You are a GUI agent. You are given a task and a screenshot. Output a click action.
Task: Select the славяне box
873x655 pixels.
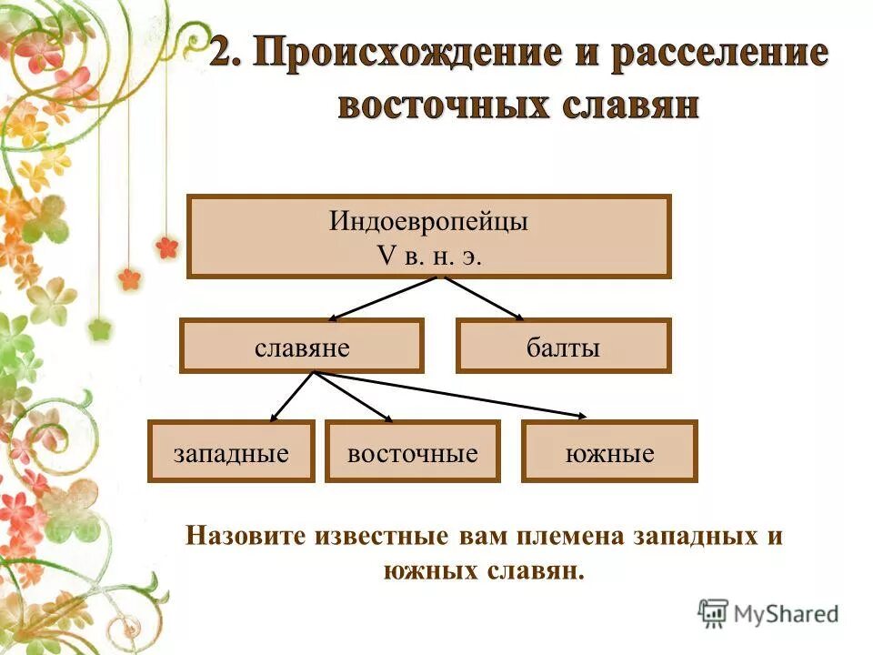pos(301,347)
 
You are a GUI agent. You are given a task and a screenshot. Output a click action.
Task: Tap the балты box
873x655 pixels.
pos(563,347)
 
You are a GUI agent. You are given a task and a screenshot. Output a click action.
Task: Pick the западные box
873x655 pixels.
pos(231,452)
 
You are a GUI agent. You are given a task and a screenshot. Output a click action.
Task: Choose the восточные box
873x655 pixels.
pos(412,452)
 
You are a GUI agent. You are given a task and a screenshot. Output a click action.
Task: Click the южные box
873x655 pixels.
pos(609,452)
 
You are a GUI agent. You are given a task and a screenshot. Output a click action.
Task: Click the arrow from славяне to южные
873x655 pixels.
pos(450,395)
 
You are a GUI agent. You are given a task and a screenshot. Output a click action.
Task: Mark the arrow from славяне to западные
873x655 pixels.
pos(292,397)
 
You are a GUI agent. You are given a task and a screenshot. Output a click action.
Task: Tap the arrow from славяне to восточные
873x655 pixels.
pos(353,397)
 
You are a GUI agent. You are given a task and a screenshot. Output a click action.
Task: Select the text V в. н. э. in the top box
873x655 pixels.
pos(428,256)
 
